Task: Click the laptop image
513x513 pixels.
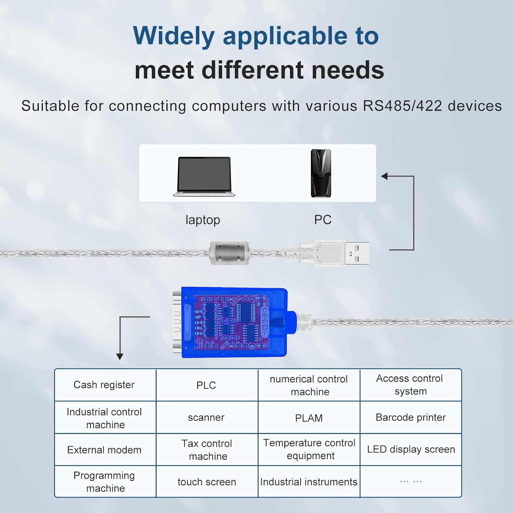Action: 204,176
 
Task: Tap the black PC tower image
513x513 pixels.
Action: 321,173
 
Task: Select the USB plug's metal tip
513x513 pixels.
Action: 357,253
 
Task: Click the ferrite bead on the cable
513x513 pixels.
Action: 229,253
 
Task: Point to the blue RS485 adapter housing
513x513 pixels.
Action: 234,323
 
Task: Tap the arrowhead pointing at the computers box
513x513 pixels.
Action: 385,176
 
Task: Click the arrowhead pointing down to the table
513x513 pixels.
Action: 120,356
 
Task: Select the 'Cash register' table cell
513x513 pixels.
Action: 104,385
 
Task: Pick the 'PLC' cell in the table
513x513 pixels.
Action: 206,385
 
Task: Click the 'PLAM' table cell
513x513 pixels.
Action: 309,418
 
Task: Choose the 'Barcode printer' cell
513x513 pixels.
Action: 410,417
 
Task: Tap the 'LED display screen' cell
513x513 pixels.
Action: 411,449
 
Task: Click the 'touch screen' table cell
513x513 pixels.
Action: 207,482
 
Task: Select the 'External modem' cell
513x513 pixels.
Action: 104,450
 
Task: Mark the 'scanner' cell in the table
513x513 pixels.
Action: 206,417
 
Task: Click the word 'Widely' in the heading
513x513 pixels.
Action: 174,36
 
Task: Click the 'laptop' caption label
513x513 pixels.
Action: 203,220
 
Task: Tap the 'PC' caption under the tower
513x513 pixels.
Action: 323,220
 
